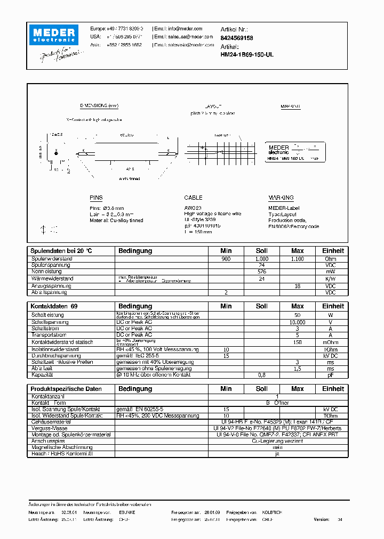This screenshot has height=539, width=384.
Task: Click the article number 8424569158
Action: [x=237, y=38]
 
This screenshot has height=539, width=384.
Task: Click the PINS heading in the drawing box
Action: [x=96, y=198]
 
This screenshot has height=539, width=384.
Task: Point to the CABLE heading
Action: [x=193, y=198]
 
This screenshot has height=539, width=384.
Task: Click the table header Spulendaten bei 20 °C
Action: [x=61, y=251]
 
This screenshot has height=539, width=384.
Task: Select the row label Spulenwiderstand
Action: [x=52, y=259]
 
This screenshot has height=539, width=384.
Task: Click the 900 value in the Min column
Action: [x=226, y=259]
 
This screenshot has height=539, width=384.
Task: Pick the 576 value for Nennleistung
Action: [x=261, y=272]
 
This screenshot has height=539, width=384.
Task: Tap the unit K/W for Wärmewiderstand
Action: [x=331, y=279]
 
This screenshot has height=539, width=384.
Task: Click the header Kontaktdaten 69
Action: [x=54, y=306]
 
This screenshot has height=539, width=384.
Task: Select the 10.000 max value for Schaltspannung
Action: [x=297, y=322]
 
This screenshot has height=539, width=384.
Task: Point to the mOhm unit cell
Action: [x=331, y=342]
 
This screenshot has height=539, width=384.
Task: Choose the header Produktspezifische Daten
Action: [x=66, y=389]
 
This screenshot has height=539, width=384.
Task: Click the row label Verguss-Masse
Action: [x=49, y=428]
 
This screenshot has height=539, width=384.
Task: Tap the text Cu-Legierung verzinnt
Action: [x=277, y=441]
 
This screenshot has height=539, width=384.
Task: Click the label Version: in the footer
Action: [x=322, y=519]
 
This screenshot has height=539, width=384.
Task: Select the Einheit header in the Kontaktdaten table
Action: [x=333, y=306]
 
